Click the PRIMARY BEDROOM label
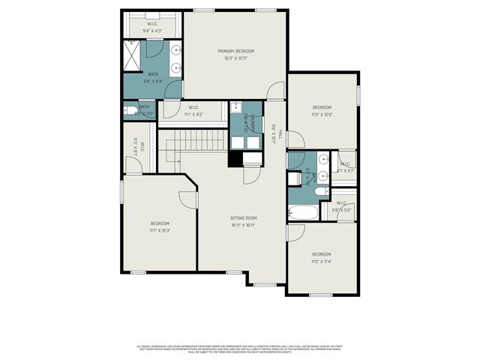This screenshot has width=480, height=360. [236, 51]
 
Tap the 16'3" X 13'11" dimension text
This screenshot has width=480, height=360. [236, 58]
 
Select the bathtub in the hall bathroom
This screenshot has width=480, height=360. [302, 212]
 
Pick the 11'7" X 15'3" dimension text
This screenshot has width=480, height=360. [160, 230]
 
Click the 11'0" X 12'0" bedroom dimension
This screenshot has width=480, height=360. [322, 114]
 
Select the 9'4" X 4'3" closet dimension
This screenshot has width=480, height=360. [152, 31]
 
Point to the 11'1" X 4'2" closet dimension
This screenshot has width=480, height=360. [193, 114]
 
